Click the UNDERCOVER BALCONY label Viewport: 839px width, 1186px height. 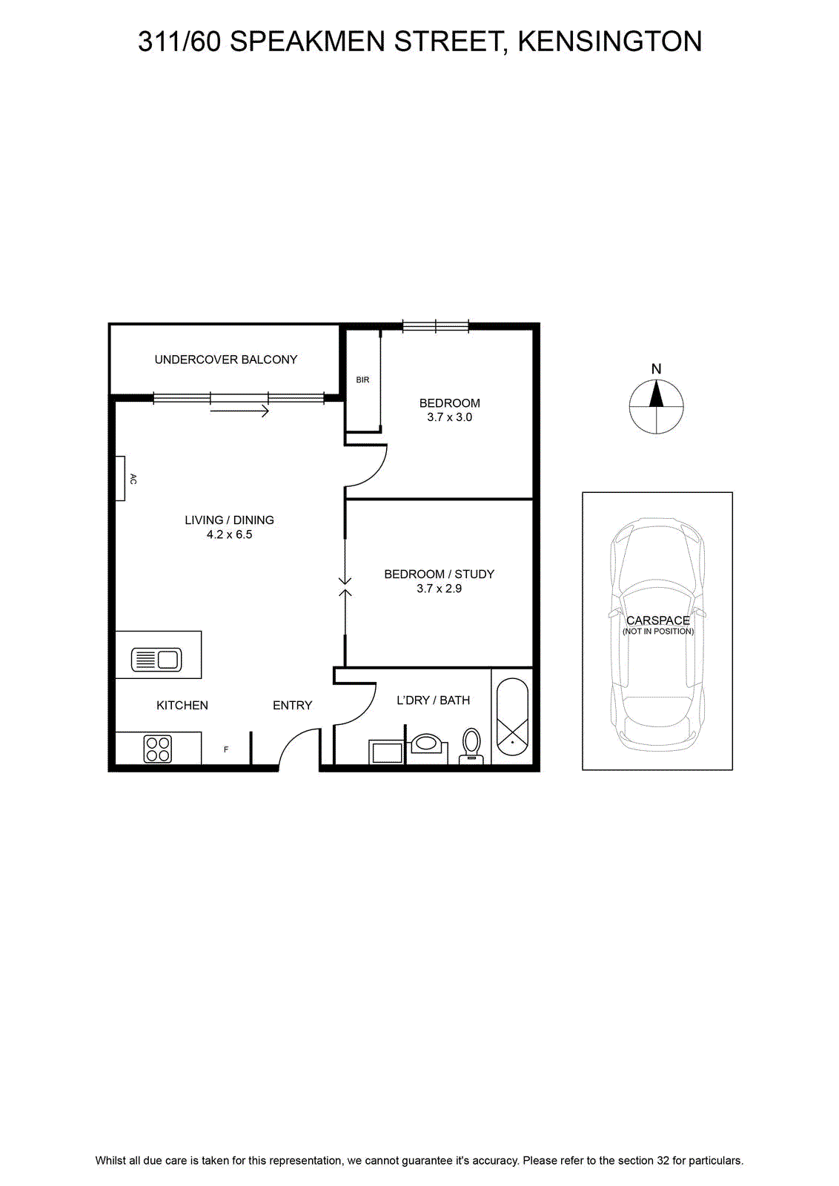[x=225, y=360]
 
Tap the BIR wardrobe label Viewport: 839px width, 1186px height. [x=362, y=380]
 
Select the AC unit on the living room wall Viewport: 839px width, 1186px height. [x=120, y=478]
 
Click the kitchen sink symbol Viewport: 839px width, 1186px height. [x=156, y=660]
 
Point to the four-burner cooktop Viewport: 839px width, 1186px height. [x=158, y=749]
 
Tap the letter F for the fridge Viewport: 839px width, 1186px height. [x=226, y=749]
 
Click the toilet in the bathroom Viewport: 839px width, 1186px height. [x=471, y=746]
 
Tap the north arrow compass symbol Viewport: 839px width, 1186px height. [x=657, y=407]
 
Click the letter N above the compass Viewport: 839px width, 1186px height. [x=657, y=369]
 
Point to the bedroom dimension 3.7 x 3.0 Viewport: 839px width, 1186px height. [x=449, y=417]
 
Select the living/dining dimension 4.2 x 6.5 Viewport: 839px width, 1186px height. [x=229, y=534]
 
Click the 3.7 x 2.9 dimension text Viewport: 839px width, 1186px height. [x=439, y=589]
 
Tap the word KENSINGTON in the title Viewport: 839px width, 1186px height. [x=610, y=42]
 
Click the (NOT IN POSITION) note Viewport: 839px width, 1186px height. [x=658, y=631]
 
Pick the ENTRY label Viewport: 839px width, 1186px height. [x=292, y=705]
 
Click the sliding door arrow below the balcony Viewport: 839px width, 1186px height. [x=240, y=411]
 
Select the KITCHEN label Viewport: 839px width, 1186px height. [x=182, y=705]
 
